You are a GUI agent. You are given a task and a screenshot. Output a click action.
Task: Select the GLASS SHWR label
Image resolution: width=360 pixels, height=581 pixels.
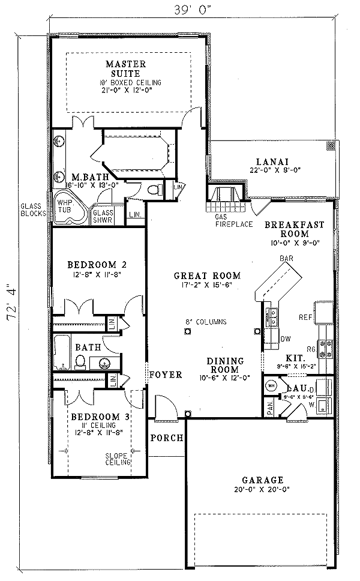(103, 215)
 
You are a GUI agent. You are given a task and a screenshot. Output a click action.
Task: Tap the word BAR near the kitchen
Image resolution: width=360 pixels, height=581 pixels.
(286, 258)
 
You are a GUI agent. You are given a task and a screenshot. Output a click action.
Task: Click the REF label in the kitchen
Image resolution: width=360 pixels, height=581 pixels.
(305, 316)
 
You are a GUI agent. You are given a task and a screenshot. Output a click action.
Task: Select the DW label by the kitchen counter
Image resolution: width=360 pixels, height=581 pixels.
(286, 339)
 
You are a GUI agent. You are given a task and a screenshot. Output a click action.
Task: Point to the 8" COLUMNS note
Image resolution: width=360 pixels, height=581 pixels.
(206, 322)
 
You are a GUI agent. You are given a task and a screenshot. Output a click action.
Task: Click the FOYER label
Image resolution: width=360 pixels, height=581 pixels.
(166, 375)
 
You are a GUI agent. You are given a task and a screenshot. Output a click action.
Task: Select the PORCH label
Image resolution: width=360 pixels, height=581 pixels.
(166, 438)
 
